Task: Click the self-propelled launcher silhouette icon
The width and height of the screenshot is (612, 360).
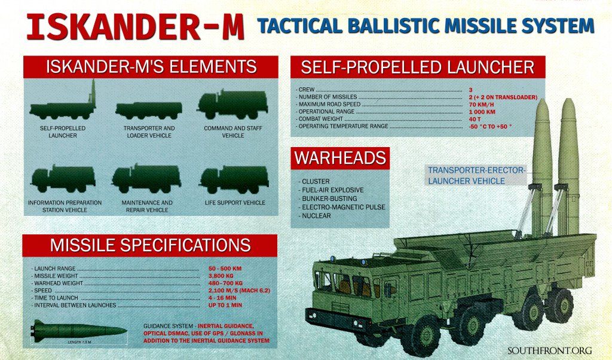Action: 62,105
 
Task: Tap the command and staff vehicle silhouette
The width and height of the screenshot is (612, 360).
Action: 232,105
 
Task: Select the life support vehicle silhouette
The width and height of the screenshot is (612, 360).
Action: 234,179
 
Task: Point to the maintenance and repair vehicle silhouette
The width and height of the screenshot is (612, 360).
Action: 147,179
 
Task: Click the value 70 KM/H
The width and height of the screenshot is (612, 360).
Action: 481,105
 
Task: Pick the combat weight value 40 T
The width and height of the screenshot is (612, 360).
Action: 475,119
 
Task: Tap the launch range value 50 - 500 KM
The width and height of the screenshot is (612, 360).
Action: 225,269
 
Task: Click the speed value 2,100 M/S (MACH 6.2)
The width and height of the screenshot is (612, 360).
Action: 239,291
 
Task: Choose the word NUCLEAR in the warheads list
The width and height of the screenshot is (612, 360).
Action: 317,216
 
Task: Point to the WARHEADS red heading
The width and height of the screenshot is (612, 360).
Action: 340,158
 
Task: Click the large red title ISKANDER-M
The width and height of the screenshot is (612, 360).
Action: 136,28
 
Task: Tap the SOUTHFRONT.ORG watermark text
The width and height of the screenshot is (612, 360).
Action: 550,350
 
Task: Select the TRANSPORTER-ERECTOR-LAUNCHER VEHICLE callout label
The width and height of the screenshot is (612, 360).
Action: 476,176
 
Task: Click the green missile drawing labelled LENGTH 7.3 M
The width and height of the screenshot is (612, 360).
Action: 79,331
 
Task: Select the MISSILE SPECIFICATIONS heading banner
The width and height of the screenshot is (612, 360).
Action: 150,245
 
